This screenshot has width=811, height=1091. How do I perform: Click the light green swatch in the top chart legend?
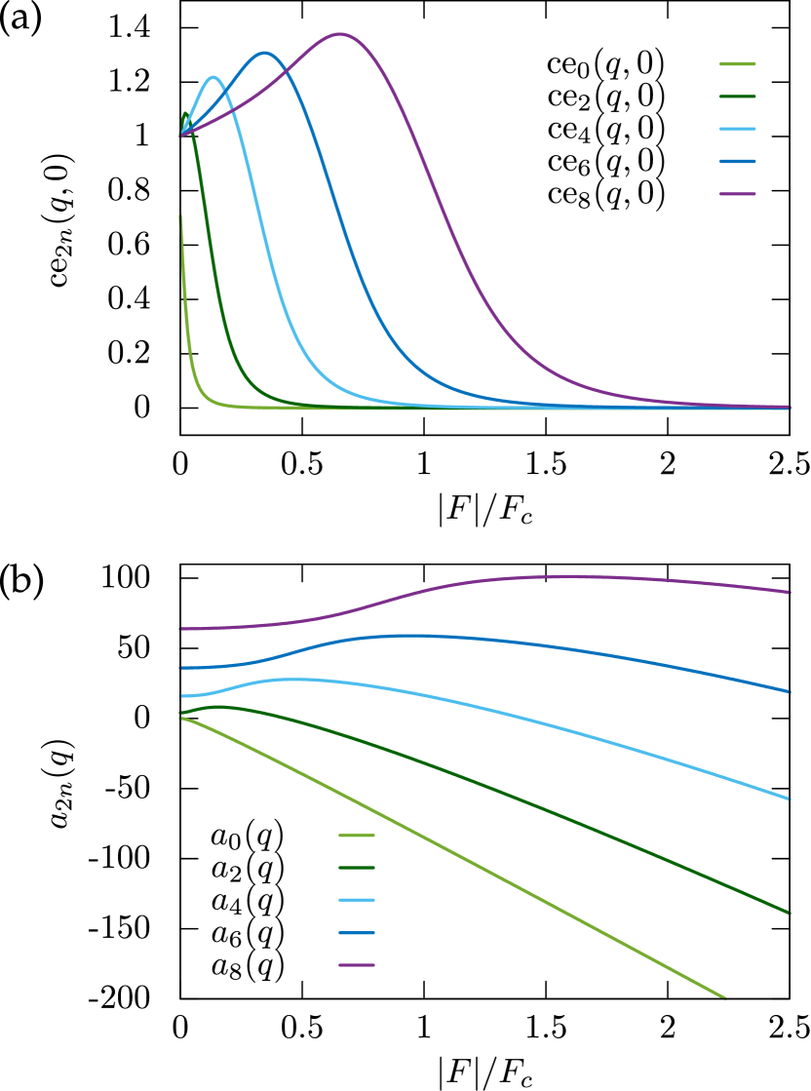737,64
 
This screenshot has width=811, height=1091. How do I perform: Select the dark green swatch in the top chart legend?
737,97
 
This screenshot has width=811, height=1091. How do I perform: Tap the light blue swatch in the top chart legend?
737,129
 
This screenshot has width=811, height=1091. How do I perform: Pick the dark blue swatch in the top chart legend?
737,161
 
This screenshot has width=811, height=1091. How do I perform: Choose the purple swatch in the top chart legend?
737,193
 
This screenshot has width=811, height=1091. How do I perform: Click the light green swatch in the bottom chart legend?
357,836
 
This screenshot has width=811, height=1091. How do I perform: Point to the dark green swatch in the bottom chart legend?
357,868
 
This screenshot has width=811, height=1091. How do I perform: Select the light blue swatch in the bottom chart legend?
357,900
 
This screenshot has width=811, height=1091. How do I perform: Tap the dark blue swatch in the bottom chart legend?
357,933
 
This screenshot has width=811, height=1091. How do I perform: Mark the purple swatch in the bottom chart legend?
357,965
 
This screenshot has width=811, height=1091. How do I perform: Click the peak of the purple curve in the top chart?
339,34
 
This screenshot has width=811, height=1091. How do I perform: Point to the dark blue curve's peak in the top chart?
264,53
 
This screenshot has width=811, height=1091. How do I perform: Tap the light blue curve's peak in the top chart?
214,77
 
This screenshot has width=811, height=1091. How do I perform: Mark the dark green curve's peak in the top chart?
185,113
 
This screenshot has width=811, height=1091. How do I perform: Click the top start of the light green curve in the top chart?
180,216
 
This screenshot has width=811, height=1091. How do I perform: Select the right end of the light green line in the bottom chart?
724,997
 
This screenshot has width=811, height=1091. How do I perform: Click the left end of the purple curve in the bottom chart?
181,629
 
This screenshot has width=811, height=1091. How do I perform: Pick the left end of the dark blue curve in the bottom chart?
181,668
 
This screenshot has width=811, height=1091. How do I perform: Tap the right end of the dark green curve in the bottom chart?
788,913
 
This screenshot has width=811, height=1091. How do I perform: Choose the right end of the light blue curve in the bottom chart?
788,799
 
